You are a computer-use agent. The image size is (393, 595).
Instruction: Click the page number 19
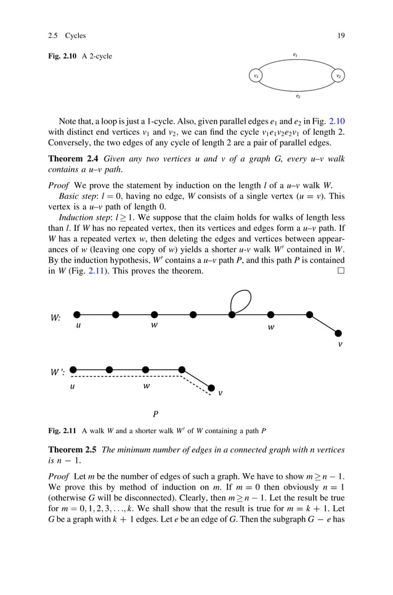(x=341, y=35)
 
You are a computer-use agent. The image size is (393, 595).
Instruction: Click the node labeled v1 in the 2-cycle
(x=256, y=76)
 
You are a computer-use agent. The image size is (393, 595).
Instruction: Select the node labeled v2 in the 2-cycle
(x=338, y=76)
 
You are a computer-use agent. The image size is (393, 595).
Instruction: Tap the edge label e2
(x=298, y=96)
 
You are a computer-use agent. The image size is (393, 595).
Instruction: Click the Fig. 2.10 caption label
(x=63, y=57)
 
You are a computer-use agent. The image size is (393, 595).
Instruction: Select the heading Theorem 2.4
(x=74, y=159)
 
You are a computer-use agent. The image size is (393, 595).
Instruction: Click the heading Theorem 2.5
(x=74, y=450)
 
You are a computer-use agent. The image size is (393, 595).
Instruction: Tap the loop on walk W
(x=240, y=300)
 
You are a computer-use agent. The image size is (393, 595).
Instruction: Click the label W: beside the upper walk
(x=55, y=318)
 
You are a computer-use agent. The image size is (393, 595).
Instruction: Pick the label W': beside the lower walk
(x=58, y=373)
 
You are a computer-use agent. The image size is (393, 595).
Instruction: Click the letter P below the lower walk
(x=156, y=413)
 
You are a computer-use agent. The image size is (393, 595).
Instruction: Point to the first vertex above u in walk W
(x=77, y=314)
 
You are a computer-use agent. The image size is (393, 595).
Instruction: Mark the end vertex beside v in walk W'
(x=211, y=388)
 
